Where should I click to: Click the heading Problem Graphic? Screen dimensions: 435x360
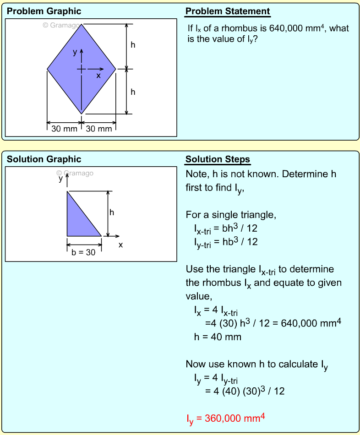44,11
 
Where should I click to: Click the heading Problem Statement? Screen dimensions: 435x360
228,11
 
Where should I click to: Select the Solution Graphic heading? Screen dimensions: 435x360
44,159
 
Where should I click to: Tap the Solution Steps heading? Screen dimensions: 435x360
218,159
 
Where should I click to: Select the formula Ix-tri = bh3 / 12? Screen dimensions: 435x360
226,228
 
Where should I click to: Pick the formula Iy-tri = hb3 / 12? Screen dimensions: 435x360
226,242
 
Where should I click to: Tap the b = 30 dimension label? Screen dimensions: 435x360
84,252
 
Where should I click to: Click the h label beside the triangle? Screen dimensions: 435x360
112,212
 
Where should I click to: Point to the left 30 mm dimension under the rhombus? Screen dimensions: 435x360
64,129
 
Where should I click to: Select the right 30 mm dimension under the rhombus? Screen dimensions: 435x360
98,129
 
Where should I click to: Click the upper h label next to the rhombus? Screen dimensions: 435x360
133,45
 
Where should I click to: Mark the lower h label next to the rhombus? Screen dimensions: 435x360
133,92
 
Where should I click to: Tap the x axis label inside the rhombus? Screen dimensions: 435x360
98,76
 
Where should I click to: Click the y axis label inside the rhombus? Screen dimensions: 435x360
75,52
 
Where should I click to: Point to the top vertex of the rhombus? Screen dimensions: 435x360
82,24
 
